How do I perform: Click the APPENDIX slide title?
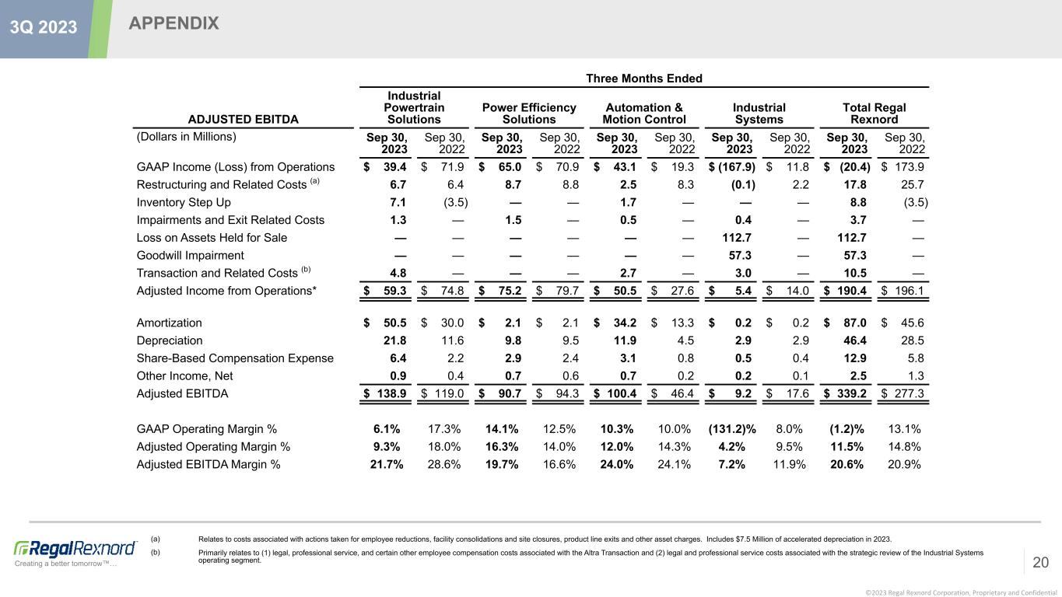(174, 24)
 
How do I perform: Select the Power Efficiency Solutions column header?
(529, 113)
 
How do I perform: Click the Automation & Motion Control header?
(644, 113)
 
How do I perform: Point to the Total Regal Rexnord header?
(874, 113)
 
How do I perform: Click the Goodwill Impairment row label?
(191, 255)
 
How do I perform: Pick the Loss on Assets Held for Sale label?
(212, 237)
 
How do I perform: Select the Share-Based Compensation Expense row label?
(235, 358)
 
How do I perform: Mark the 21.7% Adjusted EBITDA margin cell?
(387, 465)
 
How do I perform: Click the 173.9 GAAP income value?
(910, 166)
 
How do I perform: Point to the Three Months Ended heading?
(644, 79)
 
